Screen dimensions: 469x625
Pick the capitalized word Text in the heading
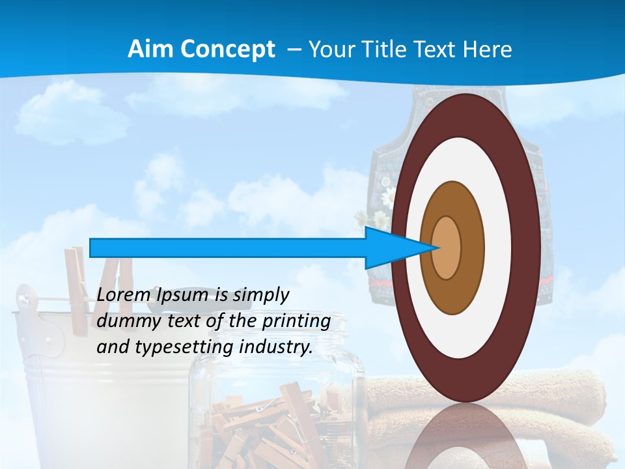tap(436, 50)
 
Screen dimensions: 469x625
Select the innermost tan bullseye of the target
tap(447, 248)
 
